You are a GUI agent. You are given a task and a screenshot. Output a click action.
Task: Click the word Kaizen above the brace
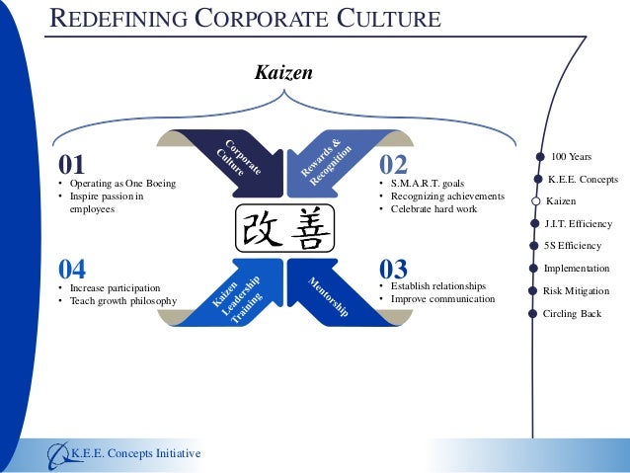[284, 72]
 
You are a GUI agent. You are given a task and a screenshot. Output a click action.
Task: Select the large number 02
[400, 163]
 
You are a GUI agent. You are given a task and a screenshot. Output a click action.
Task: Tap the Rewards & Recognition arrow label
[327, 159]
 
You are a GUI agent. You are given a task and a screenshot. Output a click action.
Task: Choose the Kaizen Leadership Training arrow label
[237, 300]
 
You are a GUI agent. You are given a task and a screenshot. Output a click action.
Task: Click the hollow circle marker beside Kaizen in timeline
[534, 201]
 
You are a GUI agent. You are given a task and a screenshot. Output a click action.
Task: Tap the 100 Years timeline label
[572, 157]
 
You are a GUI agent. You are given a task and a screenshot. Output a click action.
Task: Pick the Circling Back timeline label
[572, 314]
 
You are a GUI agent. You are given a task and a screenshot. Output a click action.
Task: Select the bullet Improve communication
[442, 298]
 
